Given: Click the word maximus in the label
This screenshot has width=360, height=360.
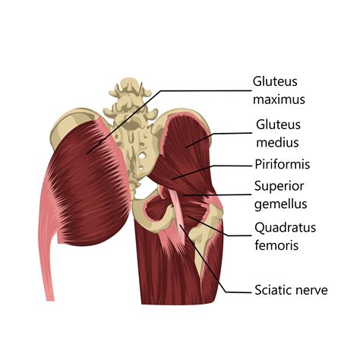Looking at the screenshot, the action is (279, 99).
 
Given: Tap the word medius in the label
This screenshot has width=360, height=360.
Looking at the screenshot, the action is (277, 142).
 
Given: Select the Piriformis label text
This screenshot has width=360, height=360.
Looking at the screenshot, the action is (283, 164).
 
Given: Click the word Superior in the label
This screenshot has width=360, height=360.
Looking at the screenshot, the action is (279, 186).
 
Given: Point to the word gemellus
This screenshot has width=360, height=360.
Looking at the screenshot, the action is (281, 204).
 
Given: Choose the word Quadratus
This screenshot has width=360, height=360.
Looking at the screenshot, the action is (286, 228).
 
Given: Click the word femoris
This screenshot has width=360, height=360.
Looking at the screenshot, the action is (276, 245).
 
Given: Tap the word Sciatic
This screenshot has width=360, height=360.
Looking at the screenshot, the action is (272, 290).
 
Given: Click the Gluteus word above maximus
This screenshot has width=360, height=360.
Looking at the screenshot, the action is (275, 81).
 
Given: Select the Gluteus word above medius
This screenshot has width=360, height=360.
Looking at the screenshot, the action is (278, 125).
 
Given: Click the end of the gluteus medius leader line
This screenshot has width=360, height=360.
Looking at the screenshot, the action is (185, 147).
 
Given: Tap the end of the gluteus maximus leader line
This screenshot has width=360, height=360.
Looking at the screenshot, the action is (87, 153).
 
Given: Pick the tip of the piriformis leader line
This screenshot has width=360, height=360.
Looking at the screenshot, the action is (172, 179).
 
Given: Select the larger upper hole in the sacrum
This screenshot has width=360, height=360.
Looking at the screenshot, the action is (144, 155).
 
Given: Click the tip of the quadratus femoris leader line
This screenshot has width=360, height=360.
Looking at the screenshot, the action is (188, 216).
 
